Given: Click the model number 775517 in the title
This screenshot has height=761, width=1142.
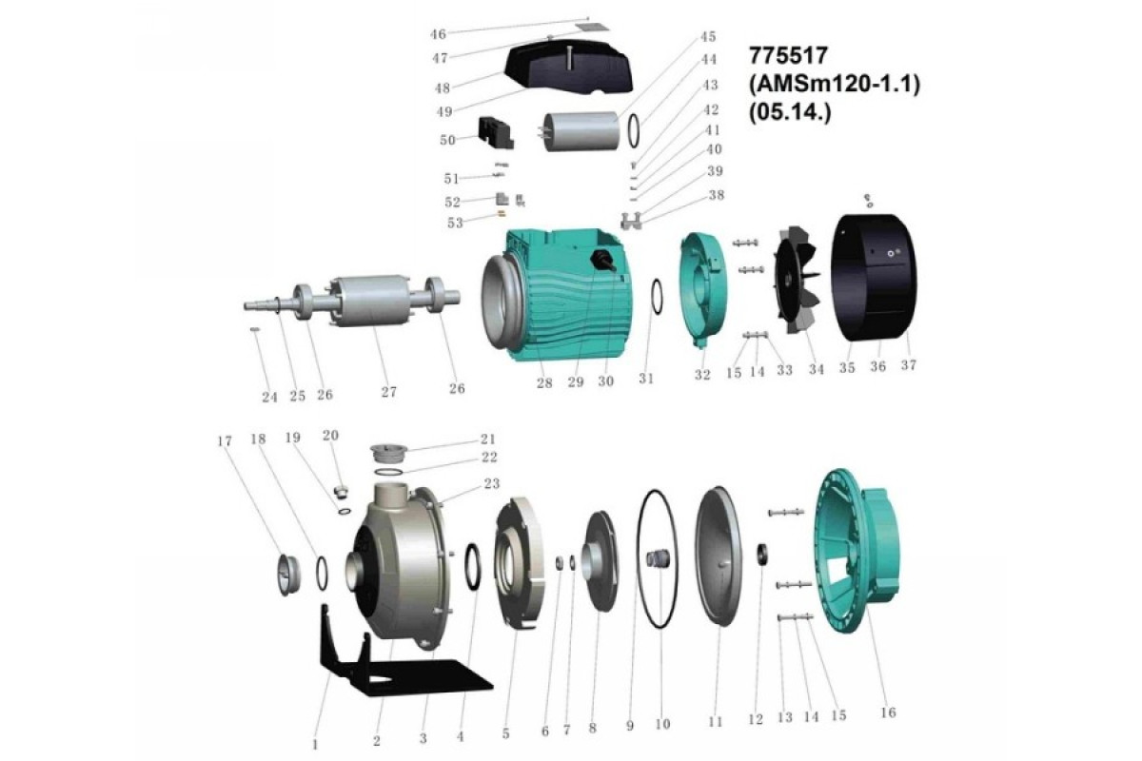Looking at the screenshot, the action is click(x=788, y=55).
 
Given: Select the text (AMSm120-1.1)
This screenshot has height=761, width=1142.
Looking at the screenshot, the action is click(x=835, y=84).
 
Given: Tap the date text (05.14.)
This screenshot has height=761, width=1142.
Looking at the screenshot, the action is click(x=790, y=112).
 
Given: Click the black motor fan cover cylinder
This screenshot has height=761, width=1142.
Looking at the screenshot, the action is click(x=874, y=277).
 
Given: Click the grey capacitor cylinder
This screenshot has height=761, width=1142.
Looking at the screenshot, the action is click(x=581, y=131).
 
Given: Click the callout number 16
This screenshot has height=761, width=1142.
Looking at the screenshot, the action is click(x=888, y=712).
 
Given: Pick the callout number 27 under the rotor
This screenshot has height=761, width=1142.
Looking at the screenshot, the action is click(x=389, y=392).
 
